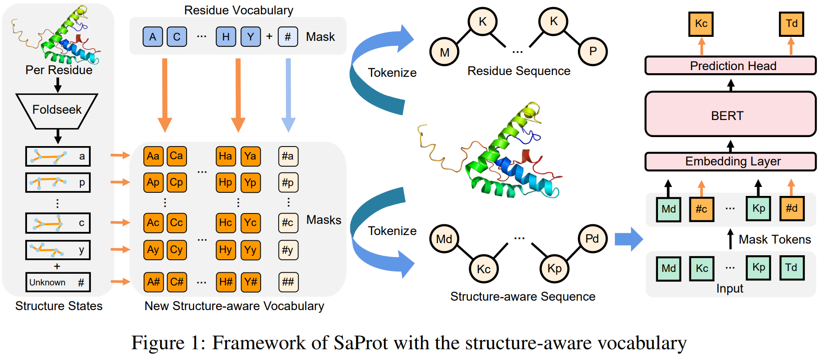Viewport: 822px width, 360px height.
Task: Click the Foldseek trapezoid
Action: pos(57,110)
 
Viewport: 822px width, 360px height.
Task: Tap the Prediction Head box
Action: pos(730,66)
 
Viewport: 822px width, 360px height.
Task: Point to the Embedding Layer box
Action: pos(730,161)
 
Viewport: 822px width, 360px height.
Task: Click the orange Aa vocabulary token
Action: pos(153,156)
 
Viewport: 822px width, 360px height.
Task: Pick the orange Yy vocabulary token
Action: pos(250,250)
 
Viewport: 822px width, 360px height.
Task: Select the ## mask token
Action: pos(288,282)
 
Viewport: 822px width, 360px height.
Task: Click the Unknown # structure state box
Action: pos(58,282)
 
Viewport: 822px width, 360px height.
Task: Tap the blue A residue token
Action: pos(153,37)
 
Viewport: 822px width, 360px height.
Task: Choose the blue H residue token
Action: pos(226,37)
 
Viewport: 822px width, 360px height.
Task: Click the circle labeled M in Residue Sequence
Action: pos(444,52)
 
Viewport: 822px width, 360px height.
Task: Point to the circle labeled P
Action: pos(593,51)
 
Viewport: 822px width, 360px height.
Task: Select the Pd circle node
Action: pos(592,239)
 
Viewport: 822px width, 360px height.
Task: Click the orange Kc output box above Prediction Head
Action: pos(701,24)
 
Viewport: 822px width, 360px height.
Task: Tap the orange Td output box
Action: pos(791,24)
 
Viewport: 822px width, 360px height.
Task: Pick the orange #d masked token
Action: pos(791,209)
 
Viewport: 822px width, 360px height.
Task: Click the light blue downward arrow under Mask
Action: pos(288,94)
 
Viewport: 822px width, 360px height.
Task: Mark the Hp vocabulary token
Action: pos(226,182)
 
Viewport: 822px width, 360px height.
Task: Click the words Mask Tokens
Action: pos(775,240)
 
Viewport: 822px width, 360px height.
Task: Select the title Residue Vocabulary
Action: pos(239,10)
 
